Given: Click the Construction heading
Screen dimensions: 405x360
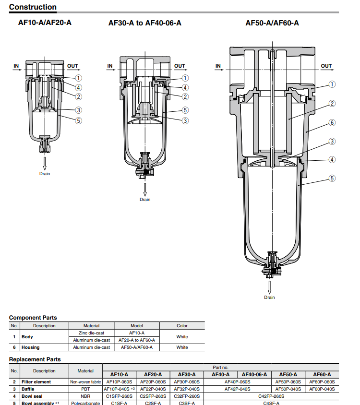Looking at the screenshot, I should coord(33,7).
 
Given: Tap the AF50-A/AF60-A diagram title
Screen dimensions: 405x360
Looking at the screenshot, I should coord(272,23).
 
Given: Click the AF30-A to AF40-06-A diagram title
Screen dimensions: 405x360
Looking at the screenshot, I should coord(144,23).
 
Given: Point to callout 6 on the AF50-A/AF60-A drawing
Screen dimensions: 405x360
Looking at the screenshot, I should coord(332,123).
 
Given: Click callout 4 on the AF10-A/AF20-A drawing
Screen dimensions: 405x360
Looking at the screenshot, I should coord(78,87).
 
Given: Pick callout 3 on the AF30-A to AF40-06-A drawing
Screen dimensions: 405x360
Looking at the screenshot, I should coord(185,120).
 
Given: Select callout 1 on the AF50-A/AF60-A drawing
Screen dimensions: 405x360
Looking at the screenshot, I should coord(332,84).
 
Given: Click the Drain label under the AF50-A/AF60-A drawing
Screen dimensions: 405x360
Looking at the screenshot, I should coord(269,298).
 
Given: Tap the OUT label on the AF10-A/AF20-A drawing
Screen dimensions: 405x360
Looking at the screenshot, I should coord(72,66).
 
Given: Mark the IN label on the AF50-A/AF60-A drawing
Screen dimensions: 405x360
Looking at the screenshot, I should coord(218,66).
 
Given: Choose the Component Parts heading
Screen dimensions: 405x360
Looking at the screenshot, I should coord(33,318).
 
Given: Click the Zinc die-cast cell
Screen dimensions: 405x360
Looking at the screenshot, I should coord(91,333).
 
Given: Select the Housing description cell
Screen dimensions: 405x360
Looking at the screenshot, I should coord(30,347).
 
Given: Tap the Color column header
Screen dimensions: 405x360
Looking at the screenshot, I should coord(182,325).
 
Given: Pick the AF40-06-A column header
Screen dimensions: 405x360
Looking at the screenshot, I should coord(255,374).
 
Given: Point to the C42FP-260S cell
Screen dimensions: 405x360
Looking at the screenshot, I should coord(271,396).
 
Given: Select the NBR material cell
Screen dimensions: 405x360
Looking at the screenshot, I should coord(85,396).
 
